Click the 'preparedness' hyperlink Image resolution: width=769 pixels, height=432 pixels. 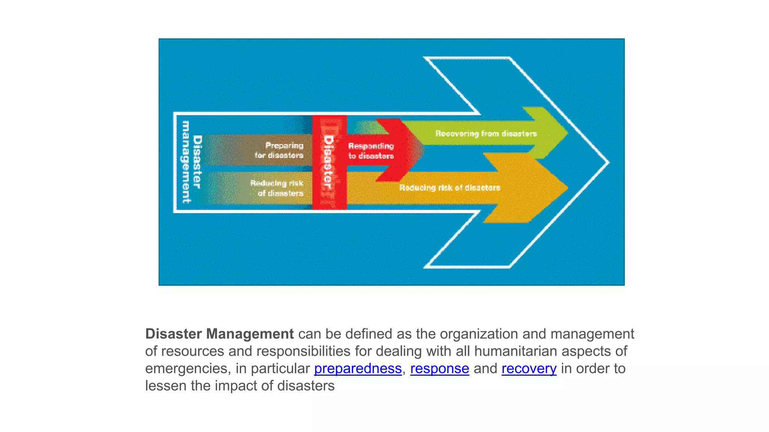(x=357, y=369)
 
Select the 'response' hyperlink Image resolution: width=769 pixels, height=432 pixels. (x=439, y=369)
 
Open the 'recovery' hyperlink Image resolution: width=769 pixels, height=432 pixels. (x=529, y=369)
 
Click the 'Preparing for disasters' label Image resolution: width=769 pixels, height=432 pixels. (x=279, y=150)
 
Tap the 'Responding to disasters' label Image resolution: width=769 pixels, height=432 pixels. (x=371, y=151)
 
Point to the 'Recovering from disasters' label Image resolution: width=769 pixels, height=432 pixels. (x=486, y=133)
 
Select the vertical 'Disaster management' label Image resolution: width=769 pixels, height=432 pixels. (x=191, y=162)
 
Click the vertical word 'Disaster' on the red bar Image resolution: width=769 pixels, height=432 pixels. (x=328, y=162)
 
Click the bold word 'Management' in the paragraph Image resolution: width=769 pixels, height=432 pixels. (x=250, y=334)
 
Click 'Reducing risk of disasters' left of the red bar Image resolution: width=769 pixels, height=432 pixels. (x=277, y=188)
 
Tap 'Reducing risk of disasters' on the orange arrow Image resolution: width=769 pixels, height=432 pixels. (x=449, y=187)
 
